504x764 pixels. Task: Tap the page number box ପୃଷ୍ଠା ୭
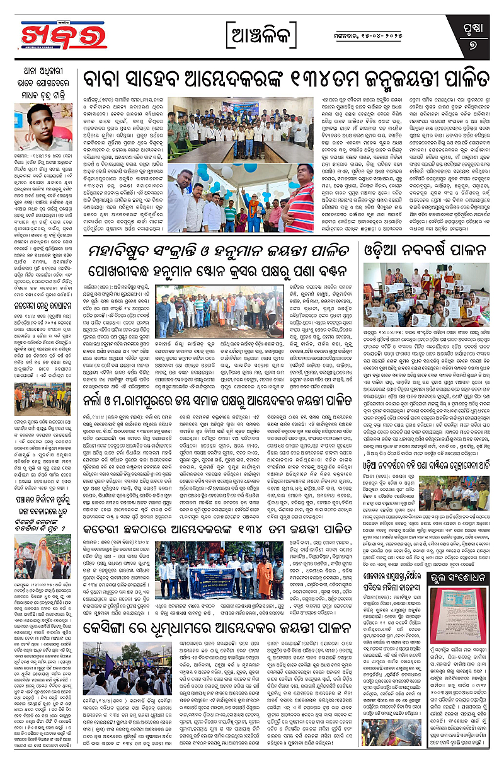point(481,35)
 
